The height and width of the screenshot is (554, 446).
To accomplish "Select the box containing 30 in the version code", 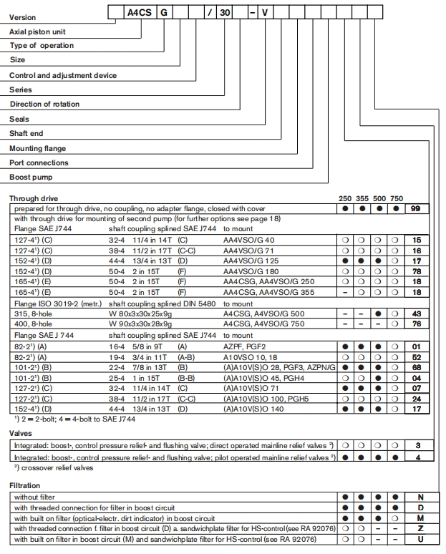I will coord(226,11).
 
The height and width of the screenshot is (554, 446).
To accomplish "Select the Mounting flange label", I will coord(37,148).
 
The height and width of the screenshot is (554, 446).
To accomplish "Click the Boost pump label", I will coord(31,178).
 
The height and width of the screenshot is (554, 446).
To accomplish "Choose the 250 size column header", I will coord(344,198).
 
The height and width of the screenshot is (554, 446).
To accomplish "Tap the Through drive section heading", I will coord(34,198).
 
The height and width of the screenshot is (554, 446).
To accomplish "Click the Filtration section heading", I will coord(25,485).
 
